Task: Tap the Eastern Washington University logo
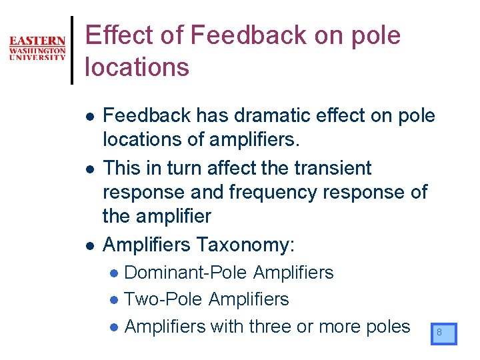point(37,49)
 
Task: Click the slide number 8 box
point(443,333)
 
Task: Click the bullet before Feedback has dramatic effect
point(89,117)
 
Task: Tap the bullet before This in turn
point(89,169)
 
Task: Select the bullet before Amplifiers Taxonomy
point(89,246)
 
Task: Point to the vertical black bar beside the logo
point(72,50)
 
